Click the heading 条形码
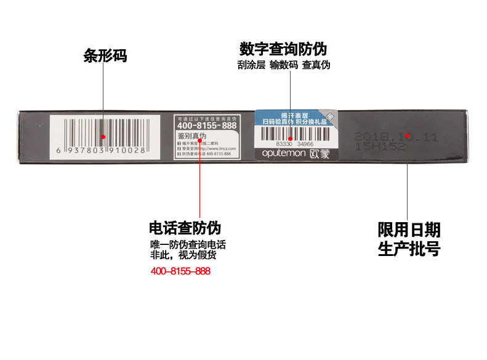[x=105, y=56]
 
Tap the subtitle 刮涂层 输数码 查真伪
[x=283, y=65]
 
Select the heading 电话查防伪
[x=185, y=228]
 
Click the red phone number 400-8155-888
[x=180, y=271]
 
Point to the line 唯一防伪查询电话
[x=188, y=244]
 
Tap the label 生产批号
[x=409, y=249]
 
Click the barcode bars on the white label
[x=102, y=131]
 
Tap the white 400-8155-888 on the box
[x=202, y=125]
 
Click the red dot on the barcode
[x=103, y=137]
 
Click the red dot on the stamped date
[x=408, y=135]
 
